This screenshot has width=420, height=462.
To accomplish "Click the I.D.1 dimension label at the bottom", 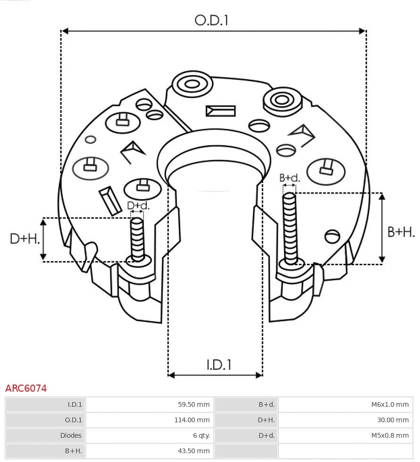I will coord(218,364).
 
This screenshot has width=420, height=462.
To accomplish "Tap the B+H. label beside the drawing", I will coord(401,232).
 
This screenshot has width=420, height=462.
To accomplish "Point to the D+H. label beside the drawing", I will coord(24,239).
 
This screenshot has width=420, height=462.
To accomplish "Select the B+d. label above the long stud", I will coord(289,178).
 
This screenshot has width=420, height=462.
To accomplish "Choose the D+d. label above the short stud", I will coord(138,206).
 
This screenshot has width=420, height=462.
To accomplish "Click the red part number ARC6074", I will coord(26,388).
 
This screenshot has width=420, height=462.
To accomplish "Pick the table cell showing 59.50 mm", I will coord(193,404).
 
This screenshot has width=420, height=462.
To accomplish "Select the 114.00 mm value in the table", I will coord(192,420).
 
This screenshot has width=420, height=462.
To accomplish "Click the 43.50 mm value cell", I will coord(193,451).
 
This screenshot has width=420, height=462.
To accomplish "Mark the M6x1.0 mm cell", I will coord(390,404).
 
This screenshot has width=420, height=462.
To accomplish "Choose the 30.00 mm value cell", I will coord(392,420).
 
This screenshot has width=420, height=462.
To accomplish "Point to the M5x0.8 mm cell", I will coord(390,436).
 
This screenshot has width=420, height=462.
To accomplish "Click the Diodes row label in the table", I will coord(71,436).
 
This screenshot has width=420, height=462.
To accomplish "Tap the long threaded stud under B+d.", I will coord(290,227).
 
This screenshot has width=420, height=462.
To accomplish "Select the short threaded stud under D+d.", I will coord(137,238).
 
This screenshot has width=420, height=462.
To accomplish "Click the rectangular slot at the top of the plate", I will coord(220,111).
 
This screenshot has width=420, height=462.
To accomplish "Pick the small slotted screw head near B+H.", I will coord(333,235).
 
